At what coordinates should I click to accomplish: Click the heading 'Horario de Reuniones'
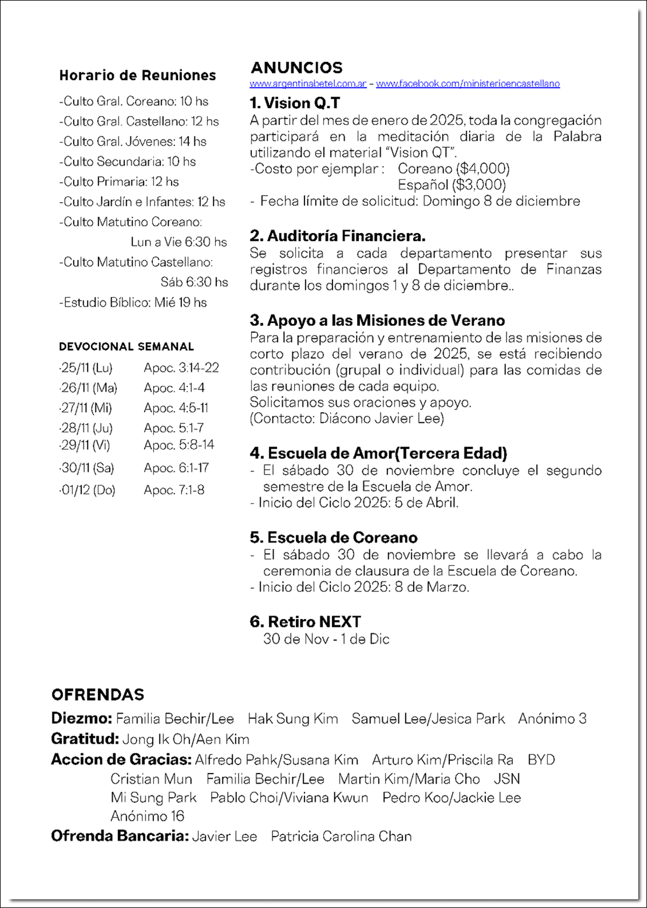click(138, 75)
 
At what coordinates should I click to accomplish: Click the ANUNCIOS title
click(296, 68)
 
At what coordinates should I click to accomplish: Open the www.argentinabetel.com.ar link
click(308, 84)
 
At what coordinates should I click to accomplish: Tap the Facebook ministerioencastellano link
click(467, 84)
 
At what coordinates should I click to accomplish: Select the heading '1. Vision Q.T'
click(295, 103)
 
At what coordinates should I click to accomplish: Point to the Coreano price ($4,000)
click(453, 169)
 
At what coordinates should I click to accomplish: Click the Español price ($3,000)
click(452, 185)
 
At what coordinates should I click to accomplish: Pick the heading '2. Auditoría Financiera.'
click(337, 236)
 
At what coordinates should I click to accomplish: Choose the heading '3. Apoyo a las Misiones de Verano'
click(377, 321)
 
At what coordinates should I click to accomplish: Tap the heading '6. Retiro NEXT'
click(305, 622)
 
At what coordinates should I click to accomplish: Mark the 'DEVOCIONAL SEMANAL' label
click(126, 347)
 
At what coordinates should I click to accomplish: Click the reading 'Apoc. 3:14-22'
click(181, 368)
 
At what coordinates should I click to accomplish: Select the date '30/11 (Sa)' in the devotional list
click(87, 468)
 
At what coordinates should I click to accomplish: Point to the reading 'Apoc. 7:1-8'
click(174, 490)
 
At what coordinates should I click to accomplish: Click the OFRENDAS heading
click(97, 695)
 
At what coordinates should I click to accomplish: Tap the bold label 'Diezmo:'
click(81, 719)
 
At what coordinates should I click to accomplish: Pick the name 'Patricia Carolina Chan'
click(341, 836)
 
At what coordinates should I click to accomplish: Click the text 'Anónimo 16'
click(147, 816)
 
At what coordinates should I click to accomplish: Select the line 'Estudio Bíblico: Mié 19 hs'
click(133, 302)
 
